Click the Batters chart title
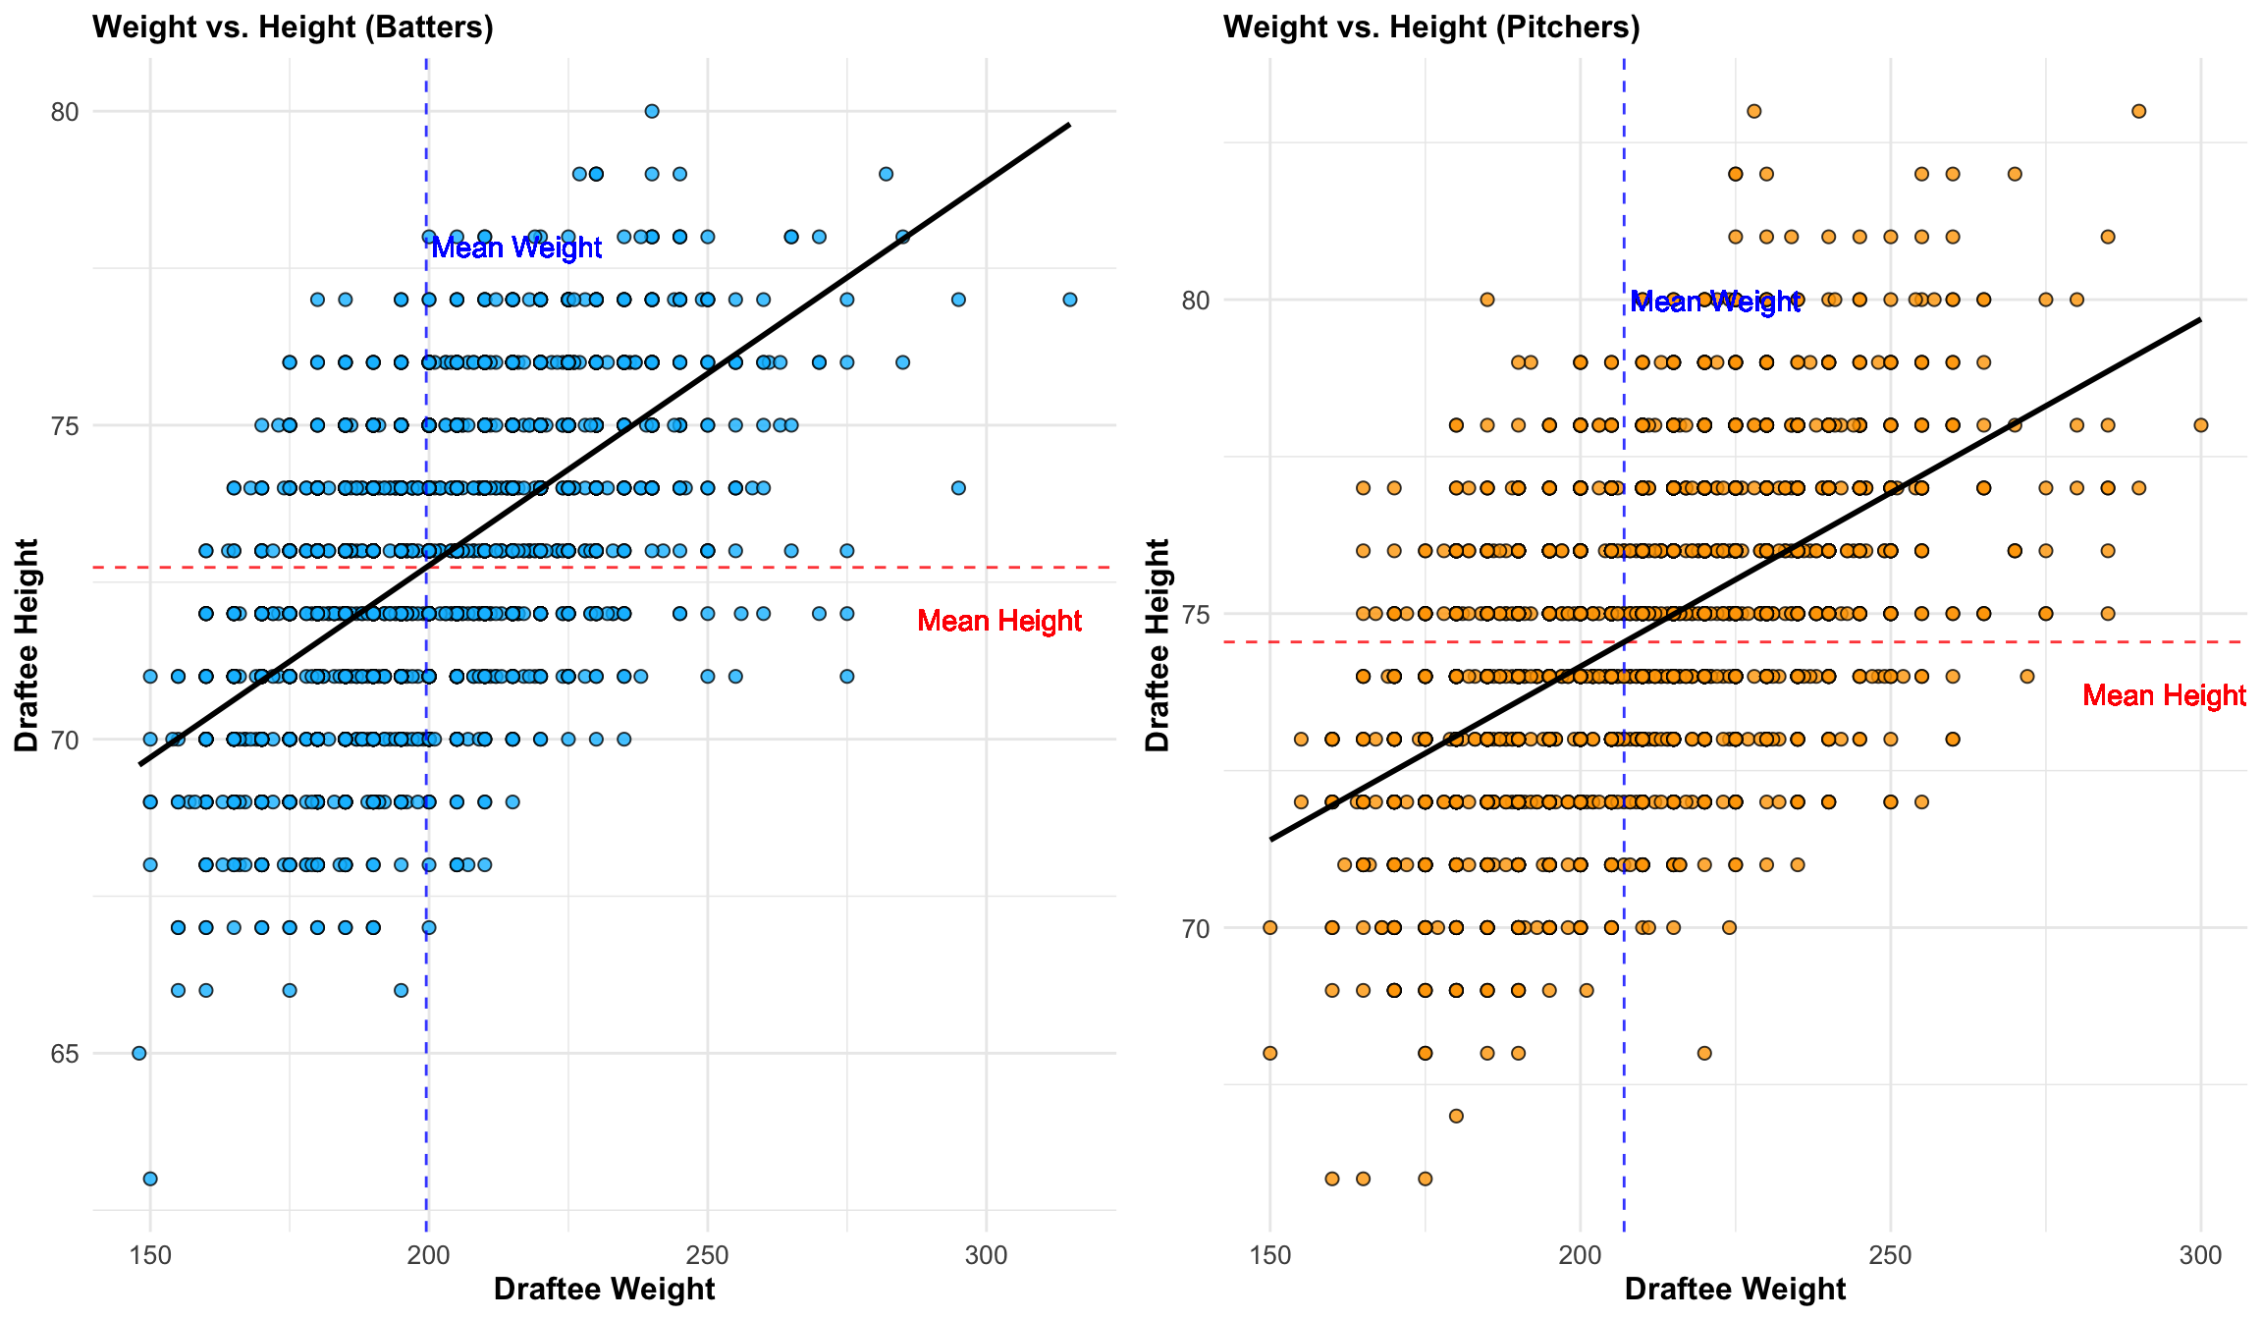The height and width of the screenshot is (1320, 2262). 293,27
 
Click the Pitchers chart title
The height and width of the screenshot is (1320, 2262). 1431,27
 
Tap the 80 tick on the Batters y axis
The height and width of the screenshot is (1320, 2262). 65,112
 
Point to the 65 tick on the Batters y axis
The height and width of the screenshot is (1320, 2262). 65,1054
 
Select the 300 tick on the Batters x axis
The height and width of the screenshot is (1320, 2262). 986,1255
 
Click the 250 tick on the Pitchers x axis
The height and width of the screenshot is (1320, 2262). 1890,1255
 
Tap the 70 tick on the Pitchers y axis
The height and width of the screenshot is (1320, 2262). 1196,928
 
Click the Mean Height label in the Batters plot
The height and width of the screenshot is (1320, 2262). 999,621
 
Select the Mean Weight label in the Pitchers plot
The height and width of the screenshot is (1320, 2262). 1714,302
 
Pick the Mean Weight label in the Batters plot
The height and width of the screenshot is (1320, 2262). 516,247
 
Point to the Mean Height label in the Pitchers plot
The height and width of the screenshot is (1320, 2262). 2164,695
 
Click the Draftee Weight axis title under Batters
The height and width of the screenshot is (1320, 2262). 604,1289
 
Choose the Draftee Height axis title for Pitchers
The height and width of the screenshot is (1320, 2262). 1158,644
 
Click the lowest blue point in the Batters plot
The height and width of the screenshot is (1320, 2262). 150,1179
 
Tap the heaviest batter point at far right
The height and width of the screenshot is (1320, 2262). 1070,300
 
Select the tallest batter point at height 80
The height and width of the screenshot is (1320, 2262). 651,111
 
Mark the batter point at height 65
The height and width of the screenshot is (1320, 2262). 138,1053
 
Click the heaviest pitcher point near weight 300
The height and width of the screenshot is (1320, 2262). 2200,425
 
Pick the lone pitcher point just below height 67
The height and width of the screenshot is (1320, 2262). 1456,1116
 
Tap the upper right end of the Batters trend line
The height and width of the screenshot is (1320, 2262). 1068,125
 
